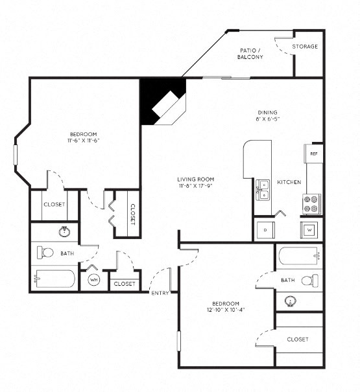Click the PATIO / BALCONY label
(x=250, y=53)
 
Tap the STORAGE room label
(x=304, y=47)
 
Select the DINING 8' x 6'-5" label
(x=267, y=115)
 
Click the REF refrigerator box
(x=313, y=154)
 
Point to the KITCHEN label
(x=289, y=183)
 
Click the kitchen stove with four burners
(x=311, y=204)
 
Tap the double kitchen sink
(x=263, y=189)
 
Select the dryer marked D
(x=266, y=229)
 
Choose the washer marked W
(x=309, y=229)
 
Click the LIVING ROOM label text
(x=195, y=179)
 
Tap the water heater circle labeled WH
(x=93, y=280)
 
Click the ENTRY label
(x=160, y=294)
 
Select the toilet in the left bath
(x=46, y=251)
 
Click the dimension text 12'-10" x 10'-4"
(x=225, y=310)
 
